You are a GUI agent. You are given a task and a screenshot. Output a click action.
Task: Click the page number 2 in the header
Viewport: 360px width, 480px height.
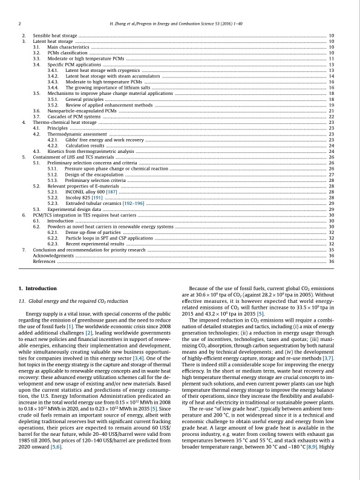21,24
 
